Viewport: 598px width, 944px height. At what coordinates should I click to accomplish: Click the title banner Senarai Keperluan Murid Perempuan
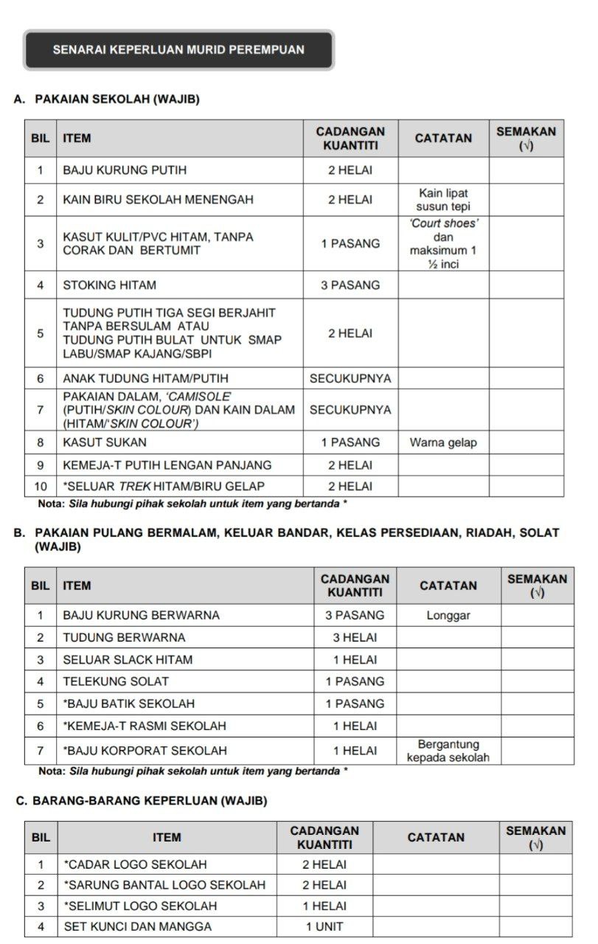(x=178, y=50)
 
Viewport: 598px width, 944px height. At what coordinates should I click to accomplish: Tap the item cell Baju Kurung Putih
(x=125, y=170)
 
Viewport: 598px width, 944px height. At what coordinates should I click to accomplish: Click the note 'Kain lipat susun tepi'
(x=442, y=200)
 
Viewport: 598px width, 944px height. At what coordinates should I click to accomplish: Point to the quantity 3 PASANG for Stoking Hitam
(x=350, y=285)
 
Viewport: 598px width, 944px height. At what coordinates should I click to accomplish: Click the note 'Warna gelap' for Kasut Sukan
(x=443, y=442)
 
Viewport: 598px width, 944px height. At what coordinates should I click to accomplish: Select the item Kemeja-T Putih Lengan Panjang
(x=167, y=465)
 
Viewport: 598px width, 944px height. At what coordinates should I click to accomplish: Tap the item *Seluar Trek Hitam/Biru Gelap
(x=164, y=486)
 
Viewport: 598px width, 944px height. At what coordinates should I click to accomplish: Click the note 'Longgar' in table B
(x=448, y=615)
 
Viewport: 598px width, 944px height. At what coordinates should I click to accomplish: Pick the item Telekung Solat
(x=116, y=681)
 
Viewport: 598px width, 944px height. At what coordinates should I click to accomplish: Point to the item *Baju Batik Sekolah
(x=129, y=704)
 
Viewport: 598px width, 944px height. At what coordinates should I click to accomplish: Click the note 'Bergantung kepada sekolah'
(x=448, y=751)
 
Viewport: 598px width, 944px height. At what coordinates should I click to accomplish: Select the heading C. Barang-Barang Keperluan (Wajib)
(x=141, y=800)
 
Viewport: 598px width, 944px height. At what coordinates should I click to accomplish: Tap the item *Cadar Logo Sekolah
(x=135, y=864)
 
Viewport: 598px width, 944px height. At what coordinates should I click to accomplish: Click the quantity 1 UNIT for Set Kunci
(x=324, y=927)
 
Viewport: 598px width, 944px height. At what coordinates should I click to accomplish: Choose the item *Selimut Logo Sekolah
(x=140, y=906)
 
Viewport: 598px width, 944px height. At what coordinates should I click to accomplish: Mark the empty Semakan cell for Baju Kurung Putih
(x=526, y=170)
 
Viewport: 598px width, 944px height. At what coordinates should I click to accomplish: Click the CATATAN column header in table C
(x=436, y=838)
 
